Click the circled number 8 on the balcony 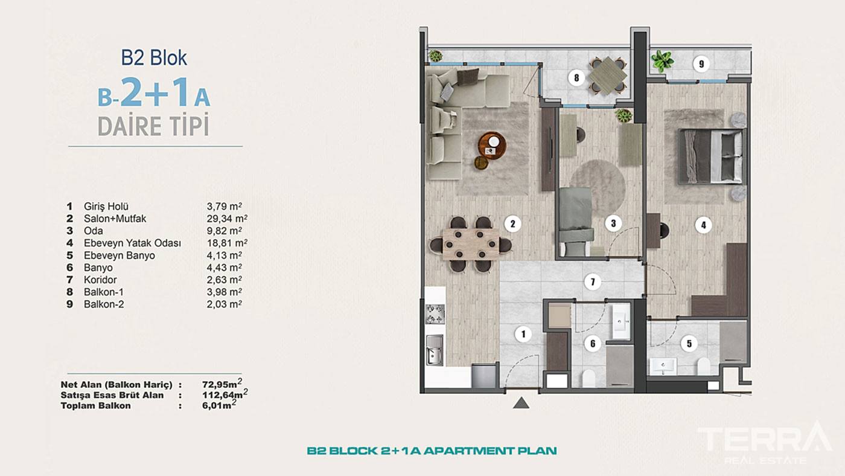coord(576,78)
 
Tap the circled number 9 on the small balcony coord(701,64)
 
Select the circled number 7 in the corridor coord(593,282)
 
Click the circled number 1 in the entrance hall coord(523,334)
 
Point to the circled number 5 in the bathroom coord(689,344)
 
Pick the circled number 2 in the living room coord(512,224)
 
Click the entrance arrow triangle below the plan coord(521,403)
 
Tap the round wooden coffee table coord(493,145)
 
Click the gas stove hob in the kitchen coord(435,314)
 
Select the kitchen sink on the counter coord(435,350)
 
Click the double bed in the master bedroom coord(712,156)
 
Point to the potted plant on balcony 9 coord(662,61)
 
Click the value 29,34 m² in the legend coord(227,219)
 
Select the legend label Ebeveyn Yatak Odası coord(132,243)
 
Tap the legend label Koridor coord(100,280)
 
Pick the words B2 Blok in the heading coord(154,58)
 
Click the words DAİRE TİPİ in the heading coord(153,126)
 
